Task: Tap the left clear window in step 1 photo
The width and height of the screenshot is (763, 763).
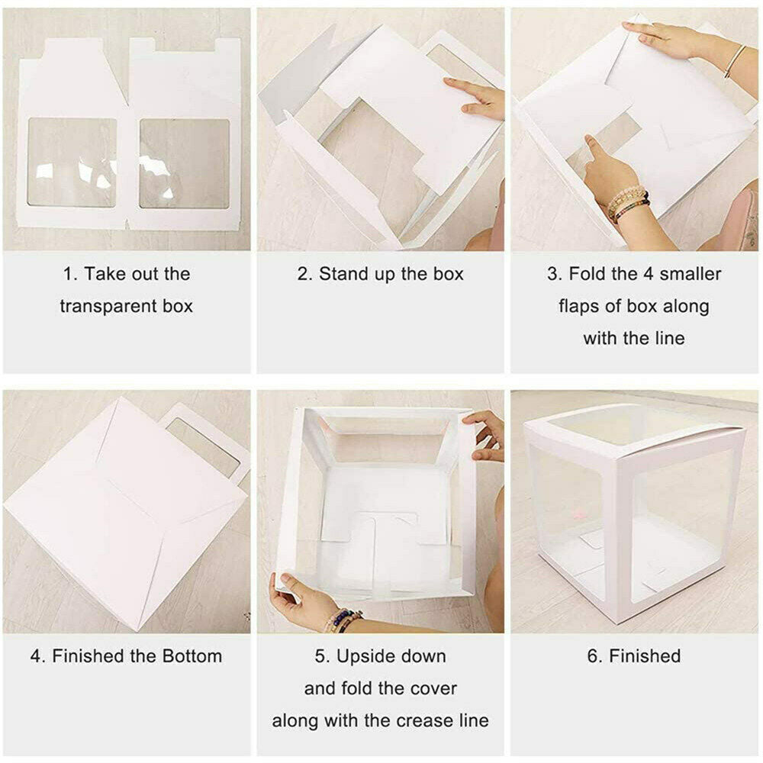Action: click(72, 163)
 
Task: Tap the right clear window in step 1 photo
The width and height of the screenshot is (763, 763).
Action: click(185, 163)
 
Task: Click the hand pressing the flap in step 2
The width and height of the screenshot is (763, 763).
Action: click(477, 98)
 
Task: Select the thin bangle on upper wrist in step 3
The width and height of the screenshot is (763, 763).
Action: click(734, 61)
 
